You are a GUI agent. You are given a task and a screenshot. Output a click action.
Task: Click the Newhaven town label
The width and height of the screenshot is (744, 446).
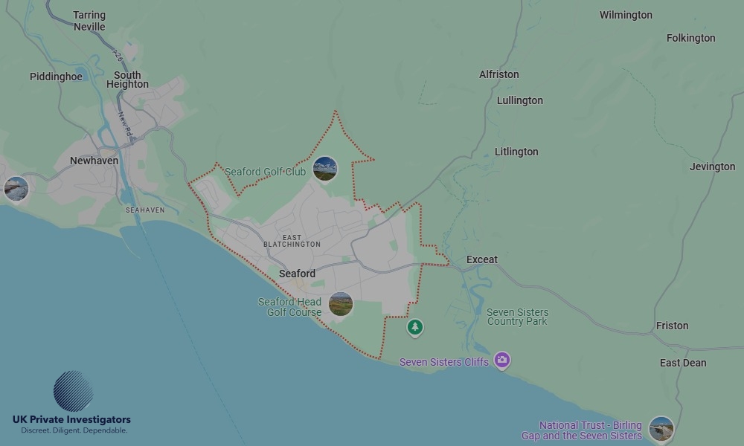(94, 161)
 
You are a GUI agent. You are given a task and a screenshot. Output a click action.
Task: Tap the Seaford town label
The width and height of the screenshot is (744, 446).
(297, 274)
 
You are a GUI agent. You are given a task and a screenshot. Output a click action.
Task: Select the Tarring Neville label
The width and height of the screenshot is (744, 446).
(89, 21)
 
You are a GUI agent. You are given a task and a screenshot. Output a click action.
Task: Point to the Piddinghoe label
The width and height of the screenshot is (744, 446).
(56, 77)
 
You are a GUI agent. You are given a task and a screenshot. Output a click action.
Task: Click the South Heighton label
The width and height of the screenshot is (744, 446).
(127, 80)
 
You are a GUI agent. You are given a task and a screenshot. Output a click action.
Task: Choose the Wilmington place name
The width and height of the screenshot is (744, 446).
(626, 15)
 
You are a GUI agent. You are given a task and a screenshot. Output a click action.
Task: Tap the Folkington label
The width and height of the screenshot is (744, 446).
(690, 38)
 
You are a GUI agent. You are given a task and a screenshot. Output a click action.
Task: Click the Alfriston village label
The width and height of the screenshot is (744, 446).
(498, 74)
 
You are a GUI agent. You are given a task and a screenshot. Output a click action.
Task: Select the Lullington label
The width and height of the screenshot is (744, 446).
(519, 100)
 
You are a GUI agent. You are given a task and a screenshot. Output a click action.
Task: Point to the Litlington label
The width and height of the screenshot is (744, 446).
(516, 152)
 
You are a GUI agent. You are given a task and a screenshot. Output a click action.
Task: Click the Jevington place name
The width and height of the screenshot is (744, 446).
(712, 167)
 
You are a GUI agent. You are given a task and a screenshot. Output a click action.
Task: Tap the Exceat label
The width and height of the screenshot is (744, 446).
(481, 259)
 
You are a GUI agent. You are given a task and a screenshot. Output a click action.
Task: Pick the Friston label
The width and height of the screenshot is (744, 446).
(672, 326)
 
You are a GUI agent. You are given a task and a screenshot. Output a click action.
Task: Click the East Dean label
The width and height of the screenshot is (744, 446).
(682, 363)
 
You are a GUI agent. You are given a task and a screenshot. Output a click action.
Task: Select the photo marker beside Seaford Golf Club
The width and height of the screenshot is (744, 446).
(324, 169)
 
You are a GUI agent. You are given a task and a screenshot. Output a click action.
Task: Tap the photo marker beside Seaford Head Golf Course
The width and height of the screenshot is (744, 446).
(340, 303)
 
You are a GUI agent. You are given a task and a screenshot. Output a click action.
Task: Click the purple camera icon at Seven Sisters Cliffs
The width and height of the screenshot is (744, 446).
(502, 361)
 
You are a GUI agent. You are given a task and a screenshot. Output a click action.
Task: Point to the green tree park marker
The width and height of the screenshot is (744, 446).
(415, 327)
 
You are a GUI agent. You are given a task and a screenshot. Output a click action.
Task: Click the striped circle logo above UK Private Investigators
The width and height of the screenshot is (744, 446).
(73, 391)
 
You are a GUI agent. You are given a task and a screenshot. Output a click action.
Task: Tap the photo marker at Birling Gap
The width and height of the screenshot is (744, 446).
(661, 429)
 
